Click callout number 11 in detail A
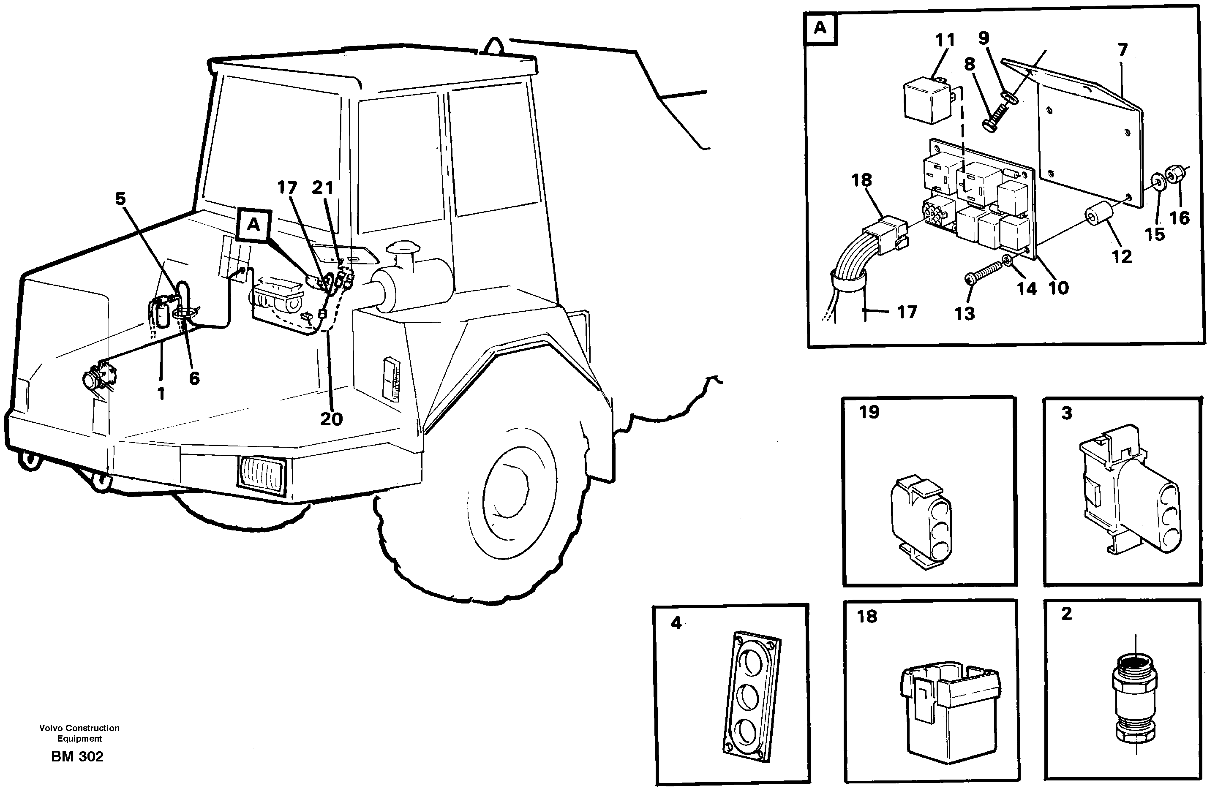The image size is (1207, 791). [944, 40]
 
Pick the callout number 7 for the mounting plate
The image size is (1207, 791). [1123, 50]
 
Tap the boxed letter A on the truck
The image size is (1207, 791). [253, 225]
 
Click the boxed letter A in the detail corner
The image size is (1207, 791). [820, 28]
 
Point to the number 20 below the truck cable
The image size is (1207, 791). [331, 419]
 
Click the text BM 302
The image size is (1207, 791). [77, 756]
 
